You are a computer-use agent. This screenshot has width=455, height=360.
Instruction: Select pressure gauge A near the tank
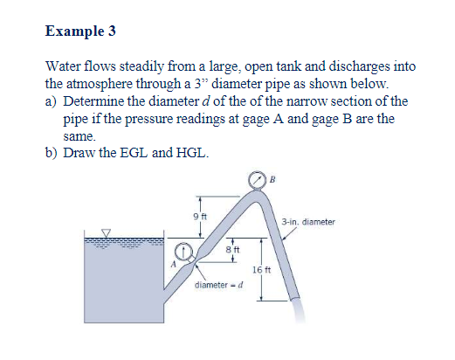coord(186,253)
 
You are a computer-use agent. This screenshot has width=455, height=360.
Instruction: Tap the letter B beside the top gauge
coord(273,180)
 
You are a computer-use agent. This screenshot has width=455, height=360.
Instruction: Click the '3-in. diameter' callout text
coord(308,222)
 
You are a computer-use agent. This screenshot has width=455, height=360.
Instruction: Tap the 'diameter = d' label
coord(216,287)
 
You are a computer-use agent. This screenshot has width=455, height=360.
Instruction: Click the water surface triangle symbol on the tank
coord(107,233)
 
